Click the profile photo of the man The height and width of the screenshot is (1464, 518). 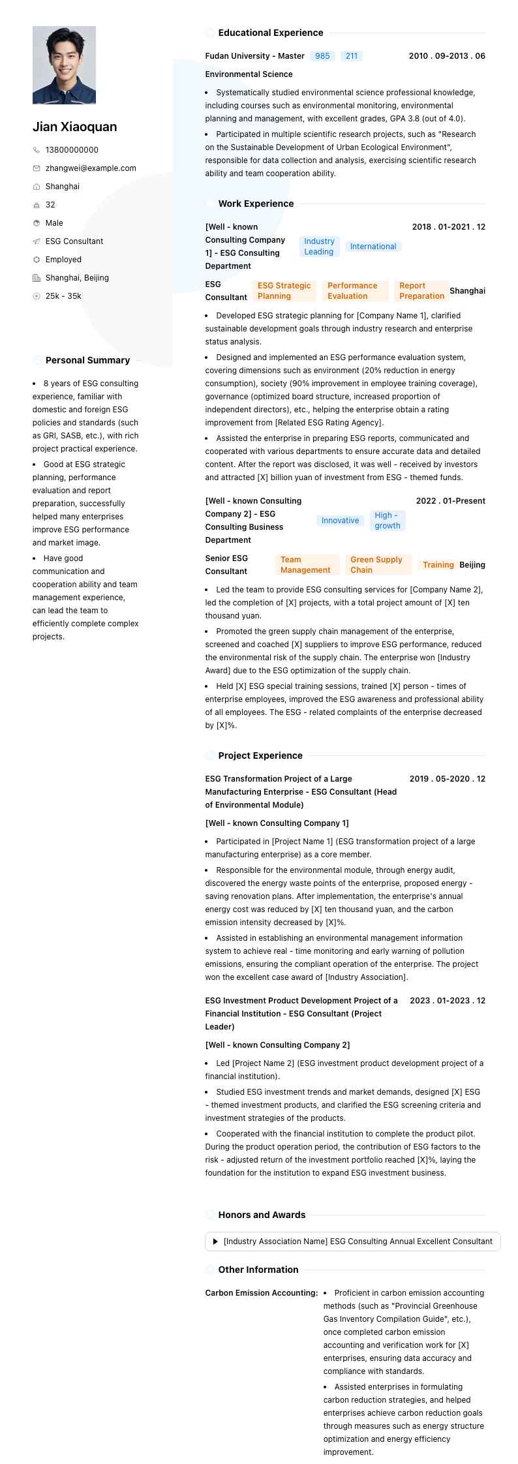(x=64, y=65)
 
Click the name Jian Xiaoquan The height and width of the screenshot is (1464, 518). (x=75, y=127)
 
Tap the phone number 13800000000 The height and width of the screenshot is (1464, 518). (x=72, y=150)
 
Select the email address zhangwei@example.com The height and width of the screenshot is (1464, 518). (x=91, y=168)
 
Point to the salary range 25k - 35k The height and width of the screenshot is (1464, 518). (x=63, y=296)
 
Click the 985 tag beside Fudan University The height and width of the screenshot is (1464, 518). (x=322, y=56)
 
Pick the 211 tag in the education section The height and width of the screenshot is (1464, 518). (x=352, y=56)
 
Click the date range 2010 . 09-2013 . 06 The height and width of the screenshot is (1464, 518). (x=447, y=56)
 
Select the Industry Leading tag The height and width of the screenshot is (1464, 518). (x=319, y=247)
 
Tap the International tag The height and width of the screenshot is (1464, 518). (x=373, y=247)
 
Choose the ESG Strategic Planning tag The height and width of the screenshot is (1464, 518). (x=284, y=291)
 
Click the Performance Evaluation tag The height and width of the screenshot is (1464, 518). (x=352, y=291)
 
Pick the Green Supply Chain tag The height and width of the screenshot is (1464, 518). (x=376, y=565)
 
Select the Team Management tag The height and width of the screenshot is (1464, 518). (x=305, y=565)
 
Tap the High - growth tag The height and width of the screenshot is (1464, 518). (x=388, y=521)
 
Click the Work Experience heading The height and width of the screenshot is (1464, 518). (x=256, y=204)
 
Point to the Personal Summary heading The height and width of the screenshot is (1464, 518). (x=87, y=360)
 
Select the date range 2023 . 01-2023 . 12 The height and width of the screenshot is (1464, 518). (x=448, y=1001)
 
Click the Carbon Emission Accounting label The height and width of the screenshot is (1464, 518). (x=262, y=1293)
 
